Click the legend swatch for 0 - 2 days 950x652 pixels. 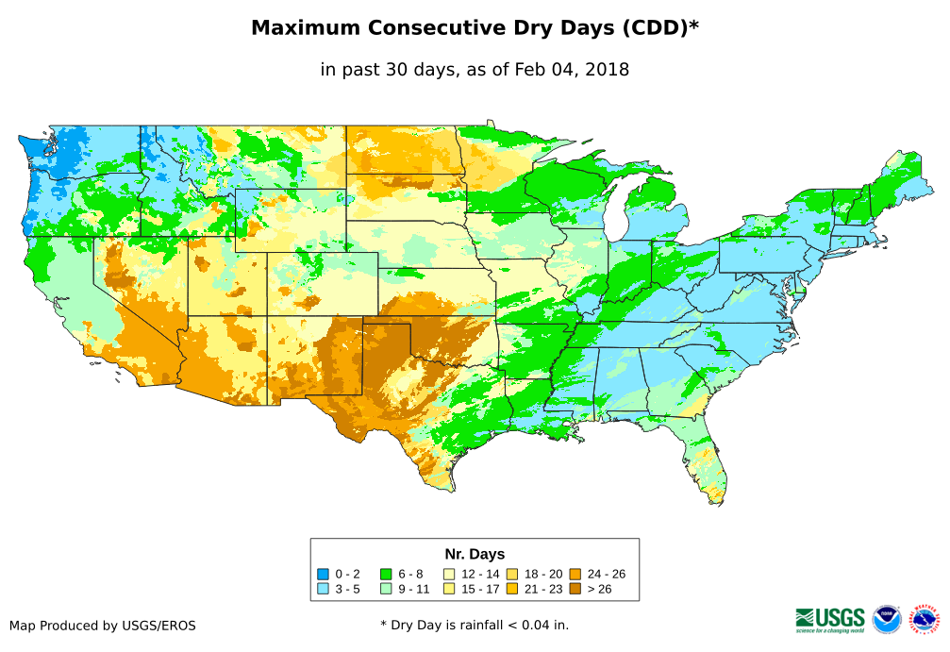(x=324, y=574)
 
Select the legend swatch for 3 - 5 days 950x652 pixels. (x=324, y=589)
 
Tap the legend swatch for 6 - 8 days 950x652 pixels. (x=386, y=574)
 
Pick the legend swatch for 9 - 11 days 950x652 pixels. (x=386, y=589)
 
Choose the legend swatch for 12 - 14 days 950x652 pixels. (x=449, y=574)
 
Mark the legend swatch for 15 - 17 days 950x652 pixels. (x=449, y=589)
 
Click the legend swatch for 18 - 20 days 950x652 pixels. (x=511, y=574)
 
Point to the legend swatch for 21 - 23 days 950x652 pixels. (x=511, y=589)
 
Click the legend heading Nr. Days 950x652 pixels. (x=475, y=554)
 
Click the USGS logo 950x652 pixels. (x=830, y=619)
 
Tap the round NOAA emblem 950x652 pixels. (x=887, y=619)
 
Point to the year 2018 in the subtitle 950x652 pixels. (x=607, y=70)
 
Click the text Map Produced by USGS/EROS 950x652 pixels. (x=103, y=626)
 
